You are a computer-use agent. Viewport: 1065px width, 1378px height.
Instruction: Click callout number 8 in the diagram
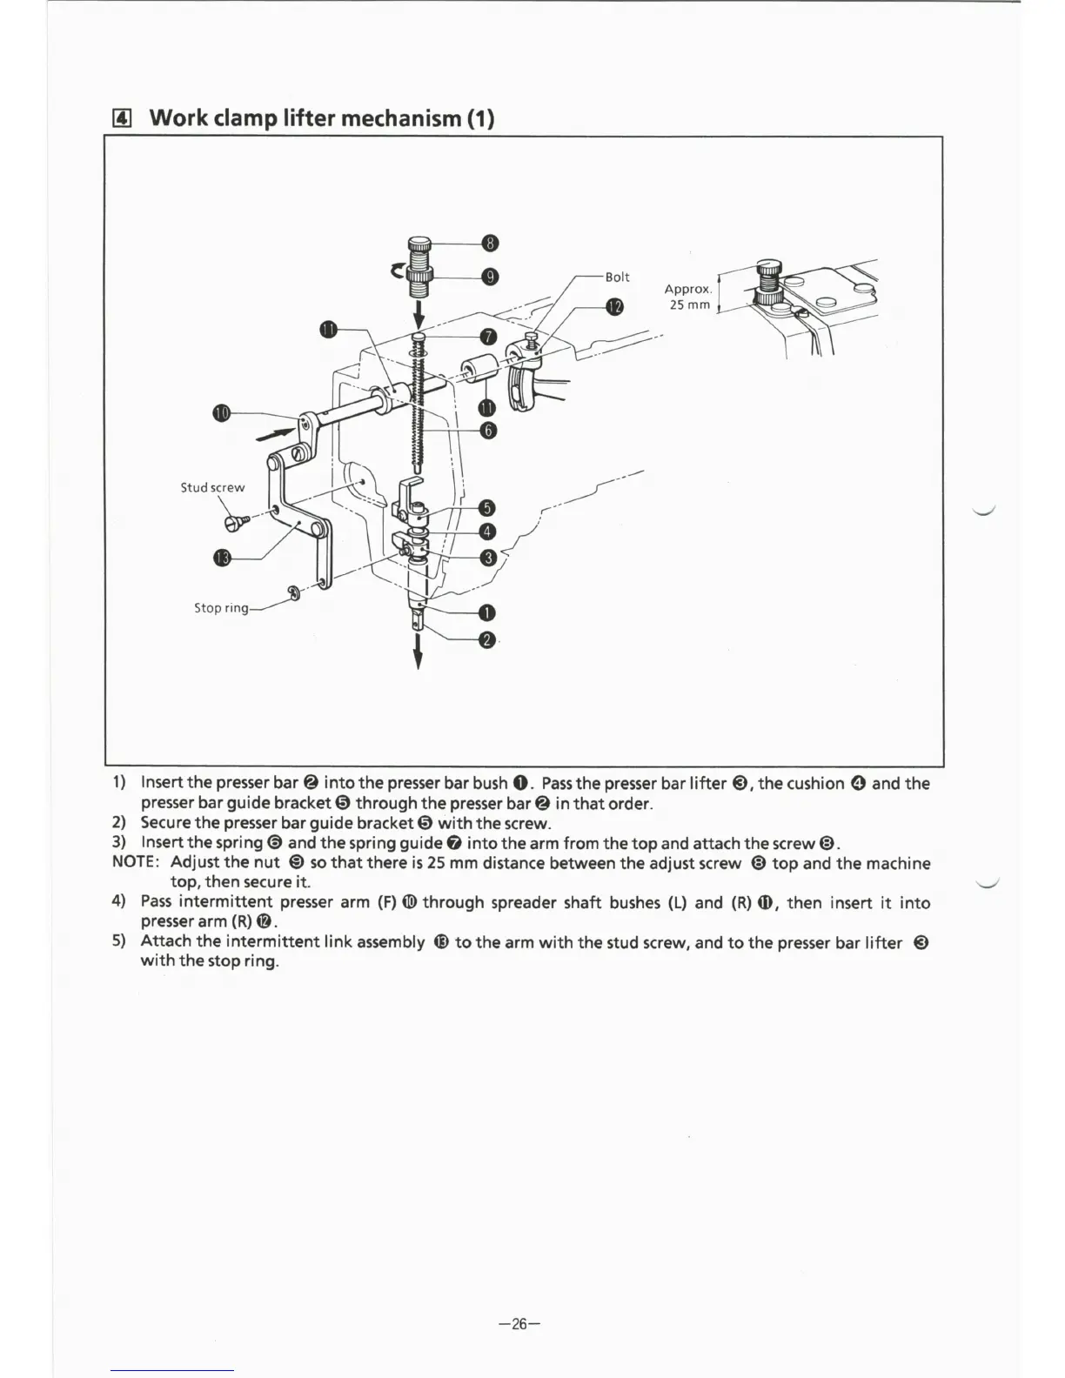click(x=490, y=243)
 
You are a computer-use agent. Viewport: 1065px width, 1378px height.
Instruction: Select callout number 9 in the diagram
click(x=490, y=277)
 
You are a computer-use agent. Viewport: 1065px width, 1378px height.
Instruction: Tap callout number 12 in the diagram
click(x=615, y=306)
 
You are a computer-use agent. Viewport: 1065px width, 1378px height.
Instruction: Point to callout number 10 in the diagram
click(x=221, y=412)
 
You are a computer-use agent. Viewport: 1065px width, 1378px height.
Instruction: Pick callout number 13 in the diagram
click(x=222, y=558)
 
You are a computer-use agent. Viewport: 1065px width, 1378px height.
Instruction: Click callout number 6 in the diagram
click(x=488, y=431)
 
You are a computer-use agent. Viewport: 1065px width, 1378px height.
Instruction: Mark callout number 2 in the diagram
click(x=487, y=641)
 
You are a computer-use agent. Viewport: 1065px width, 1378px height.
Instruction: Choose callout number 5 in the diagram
click(x=488, y=508)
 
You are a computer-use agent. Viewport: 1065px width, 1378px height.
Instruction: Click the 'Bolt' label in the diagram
click(x=617, y=277)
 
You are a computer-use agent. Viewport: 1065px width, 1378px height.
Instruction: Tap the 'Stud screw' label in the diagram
click(x=212, y=487)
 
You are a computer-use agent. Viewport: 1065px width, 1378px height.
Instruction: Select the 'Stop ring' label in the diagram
click(x=221, y=608)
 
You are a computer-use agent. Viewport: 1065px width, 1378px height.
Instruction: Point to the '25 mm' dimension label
click(x=689, y=304)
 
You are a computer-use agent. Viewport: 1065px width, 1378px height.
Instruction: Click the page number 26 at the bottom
click(x=519, y=1324)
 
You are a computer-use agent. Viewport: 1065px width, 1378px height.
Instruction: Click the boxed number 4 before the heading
click(x=123, y=118)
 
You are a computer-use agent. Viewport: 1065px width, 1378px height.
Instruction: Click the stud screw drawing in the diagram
click(x=236, y=522)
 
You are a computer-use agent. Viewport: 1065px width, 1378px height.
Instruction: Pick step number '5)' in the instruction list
click(x=119, y=941)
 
